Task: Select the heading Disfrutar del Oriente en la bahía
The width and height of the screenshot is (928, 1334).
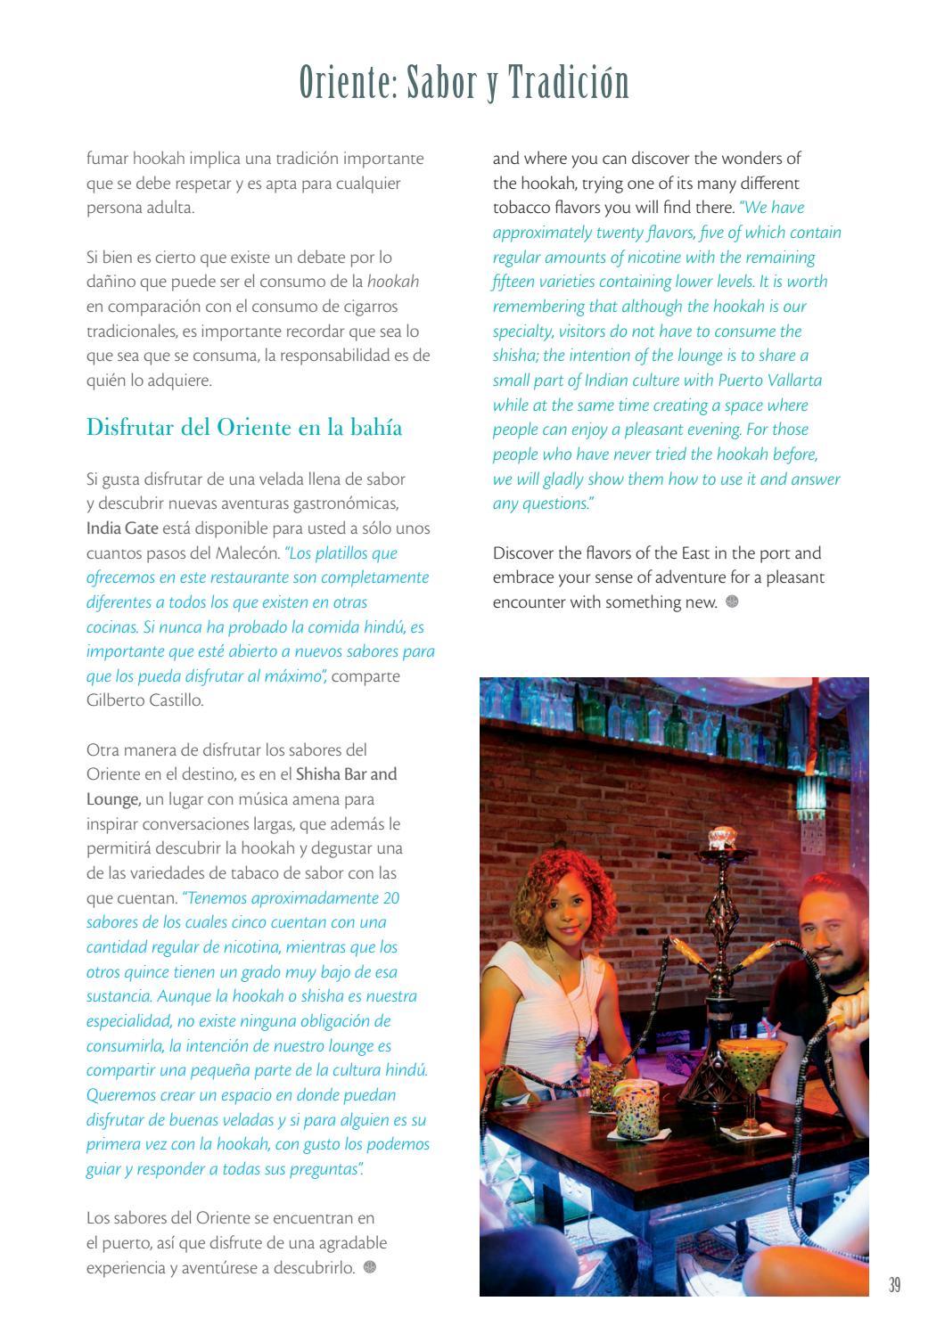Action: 244,428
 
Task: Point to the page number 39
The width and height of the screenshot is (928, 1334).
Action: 894,1284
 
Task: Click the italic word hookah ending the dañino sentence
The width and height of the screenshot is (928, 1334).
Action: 393,282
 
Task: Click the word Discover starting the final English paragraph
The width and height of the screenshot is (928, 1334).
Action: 525,553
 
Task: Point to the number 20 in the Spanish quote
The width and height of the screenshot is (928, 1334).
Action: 390,898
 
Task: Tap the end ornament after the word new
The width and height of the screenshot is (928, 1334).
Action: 732,602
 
